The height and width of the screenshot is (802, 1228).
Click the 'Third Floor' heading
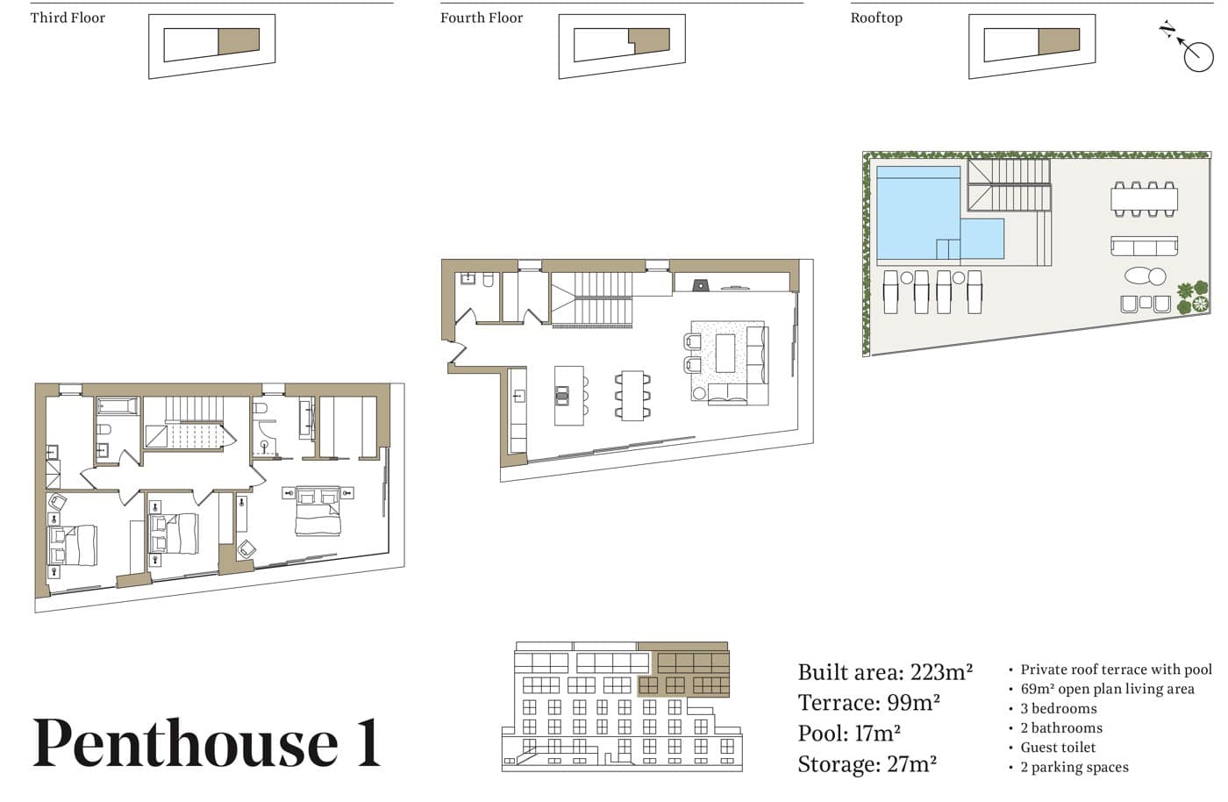coord(68,18)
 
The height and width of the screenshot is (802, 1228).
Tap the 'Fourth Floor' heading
coord(482,18)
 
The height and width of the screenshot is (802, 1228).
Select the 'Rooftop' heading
coord(876,18)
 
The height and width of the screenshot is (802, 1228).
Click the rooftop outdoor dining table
coord(1144,200)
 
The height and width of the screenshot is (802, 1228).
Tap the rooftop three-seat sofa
coord(1144,247)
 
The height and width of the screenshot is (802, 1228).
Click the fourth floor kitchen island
coord(569,396)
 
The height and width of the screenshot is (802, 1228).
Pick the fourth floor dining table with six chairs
coord(632,396)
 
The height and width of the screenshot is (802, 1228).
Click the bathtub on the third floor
coord(118,406)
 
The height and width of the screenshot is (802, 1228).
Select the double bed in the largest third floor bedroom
coord(318,510)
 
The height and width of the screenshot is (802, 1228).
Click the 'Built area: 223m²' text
coord(885,672)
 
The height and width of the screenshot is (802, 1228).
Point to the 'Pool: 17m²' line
coord(849,734)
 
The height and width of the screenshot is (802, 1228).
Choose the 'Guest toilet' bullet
coord(1058,748)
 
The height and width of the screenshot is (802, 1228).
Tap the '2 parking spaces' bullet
coord(1074,768)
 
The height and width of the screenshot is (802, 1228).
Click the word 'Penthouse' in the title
coord(185,742)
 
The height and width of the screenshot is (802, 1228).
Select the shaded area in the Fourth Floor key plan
coord(650,40)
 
